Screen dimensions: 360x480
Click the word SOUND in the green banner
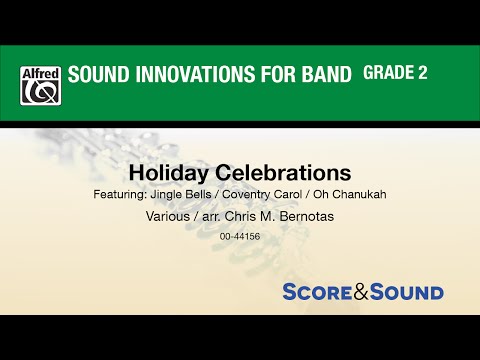[97, 75]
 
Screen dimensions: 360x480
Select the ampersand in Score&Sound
[371, 292]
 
